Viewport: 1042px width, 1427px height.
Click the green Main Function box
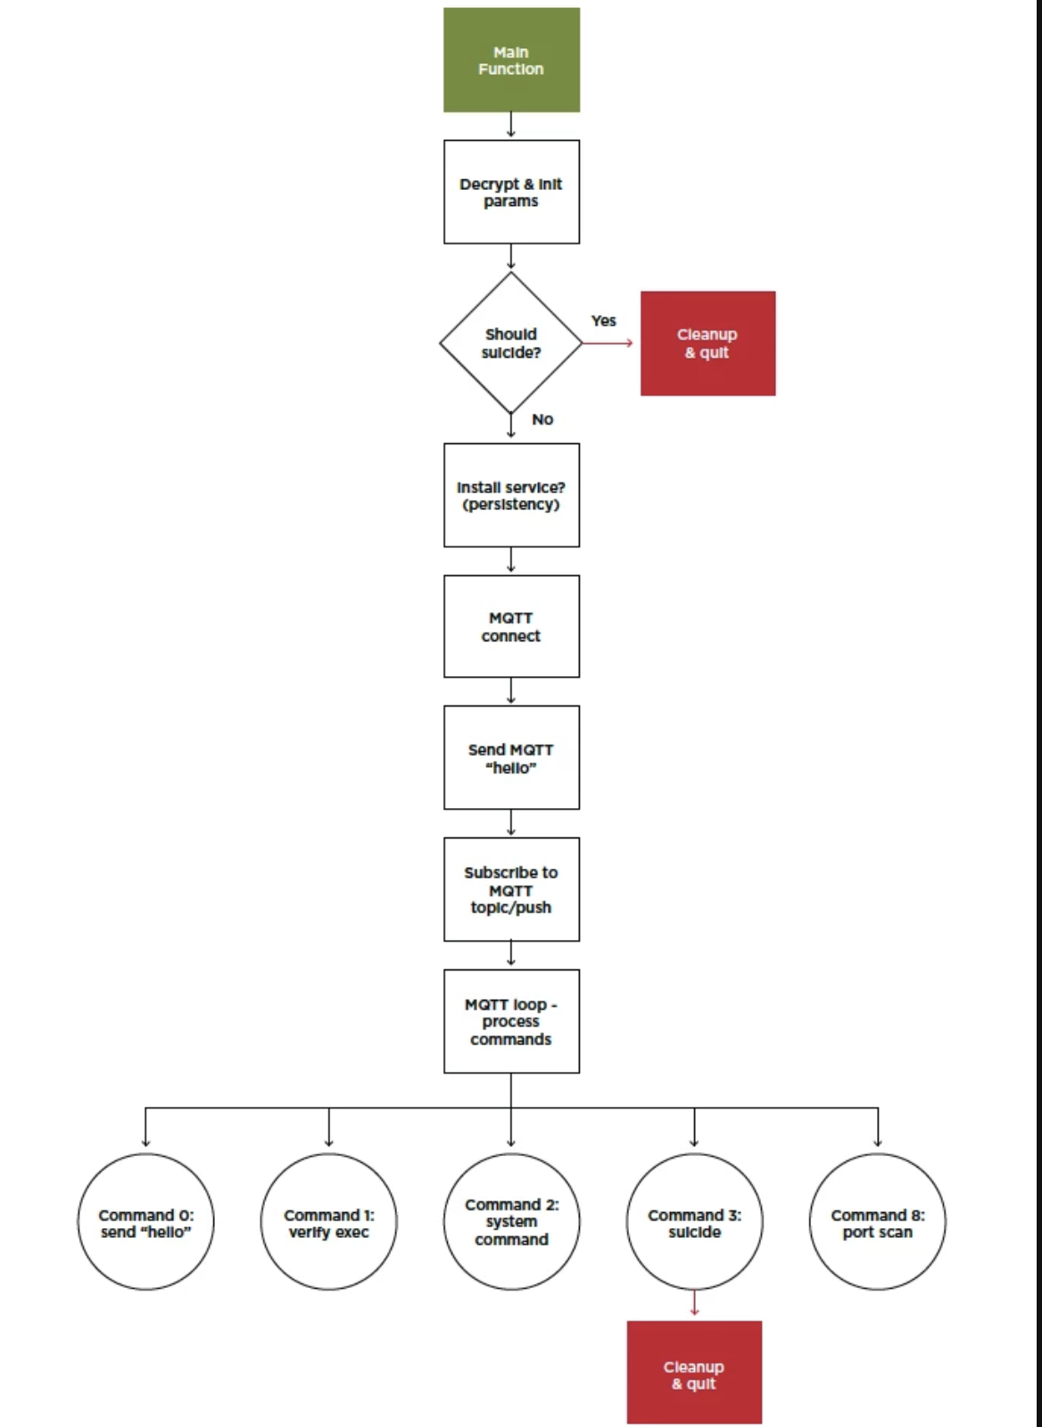512,60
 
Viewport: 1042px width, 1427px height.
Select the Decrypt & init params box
512,192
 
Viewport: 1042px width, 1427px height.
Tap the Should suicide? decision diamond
511,342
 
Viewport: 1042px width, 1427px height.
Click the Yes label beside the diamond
604,320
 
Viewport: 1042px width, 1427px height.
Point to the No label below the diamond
542,419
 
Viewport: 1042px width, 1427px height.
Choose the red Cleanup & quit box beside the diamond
708,343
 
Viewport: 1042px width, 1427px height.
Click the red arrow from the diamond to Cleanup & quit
608,343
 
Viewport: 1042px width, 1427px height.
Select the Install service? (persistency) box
512,495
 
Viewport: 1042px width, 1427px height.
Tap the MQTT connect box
512,626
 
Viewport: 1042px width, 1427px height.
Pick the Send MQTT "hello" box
512,757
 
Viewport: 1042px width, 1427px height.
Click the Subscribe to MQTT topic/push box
512,889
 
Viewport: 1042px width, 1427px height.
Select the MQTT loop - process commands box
512,1021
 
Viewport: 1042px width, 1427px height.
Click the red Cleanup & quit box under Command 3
695,1373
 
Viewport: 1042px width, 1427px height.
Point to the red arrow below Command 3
695,1303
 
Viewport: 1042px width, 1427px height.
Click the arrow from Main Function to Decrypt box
511,125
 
